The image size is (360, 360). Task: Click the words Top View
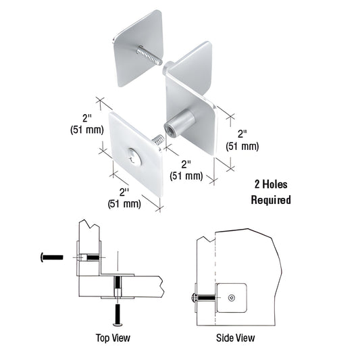[113, 337]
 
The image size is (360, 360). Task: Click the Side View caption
[236, 337]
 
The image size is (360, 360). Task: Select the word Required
[271, 200]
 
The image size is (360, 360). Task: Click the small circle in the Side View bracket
[232, 297]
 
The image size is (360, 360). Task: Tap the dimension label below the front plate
[124, 197]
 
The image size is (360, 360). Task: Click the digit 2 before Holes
[257, 184]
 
